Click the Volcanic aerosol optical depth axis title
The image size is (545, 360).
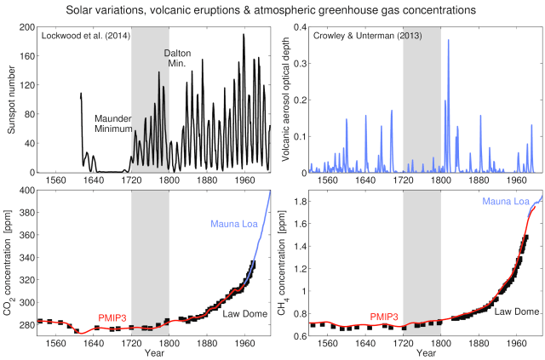tap(284, 100)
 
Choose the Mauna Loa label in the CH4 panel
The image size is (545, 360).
tap(507, 201)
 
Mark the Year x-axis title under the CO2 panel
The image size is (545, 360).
tap(154, 351)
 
